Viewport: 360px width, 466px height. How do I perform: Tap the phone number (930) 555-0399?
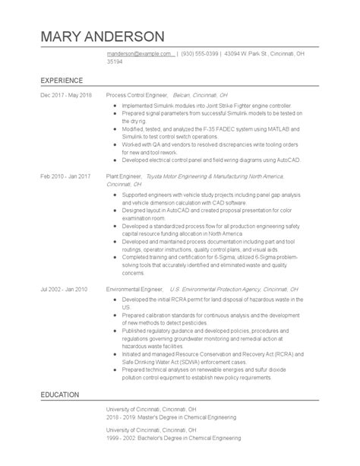(x=201, y=54)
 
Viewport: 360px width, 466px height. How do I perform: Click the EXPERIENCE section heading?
(x=62, y=79)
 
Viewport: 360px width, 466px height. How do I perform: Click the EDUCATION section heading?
(x=60, y=417)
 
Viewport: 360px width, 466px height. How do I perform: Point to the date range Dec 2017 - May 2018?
(x=66, y=95)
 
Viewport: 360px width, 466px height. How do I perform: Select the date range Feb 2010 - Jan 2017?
(x=66, y=176)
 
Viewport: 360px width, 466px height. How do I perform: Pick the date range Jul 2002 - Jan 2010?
(x=65, y=290)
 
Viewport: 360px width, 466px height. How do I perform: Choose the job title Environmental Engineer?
(x=136, y=290)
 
